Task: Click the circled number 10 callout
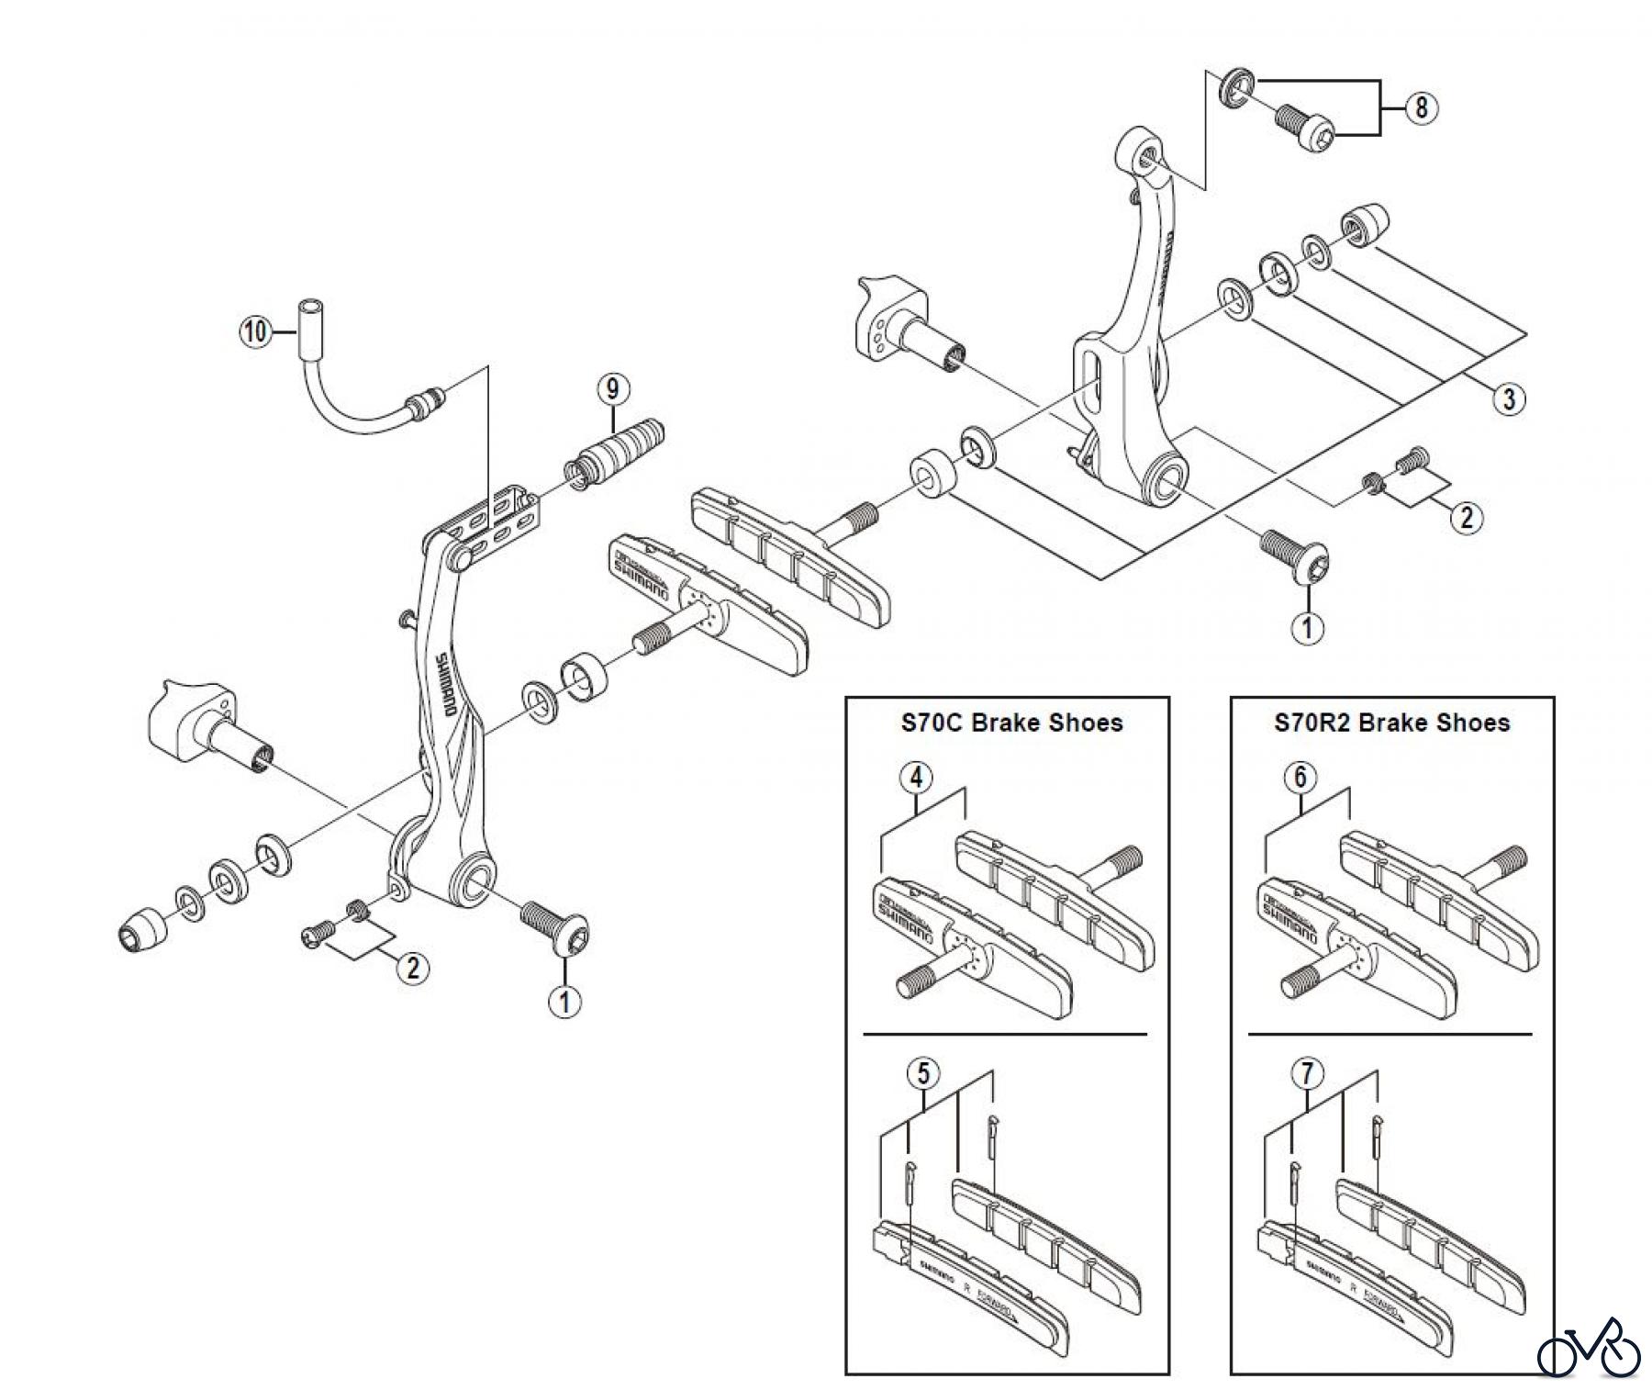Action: click(x=256, y=331)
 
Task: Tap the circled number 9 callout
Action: click(x=612, y=388)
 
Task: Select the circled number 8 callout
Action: click(x=1421, y=107)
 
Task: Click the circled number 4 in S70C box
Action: click(x=915, y=778)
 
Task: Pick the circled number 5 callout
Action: click(x=923, y=1072)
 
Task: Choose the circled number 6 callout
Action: click(x=1300, y=778)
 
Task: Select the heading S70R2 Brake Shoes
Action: click(x=1391, y=723)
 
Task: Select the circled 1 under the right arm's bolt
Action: click(x=1307, y=628)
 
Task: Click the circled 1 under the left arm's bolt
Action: click(x=564, y=1002)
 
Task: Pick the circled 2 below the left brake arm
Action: click(x=412, y=967)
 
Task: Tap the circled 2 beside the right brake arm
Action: click(x=1466, y=518)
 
